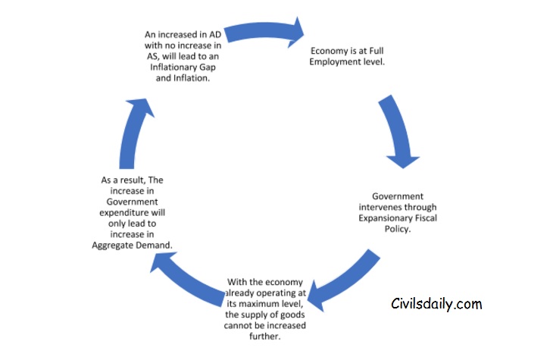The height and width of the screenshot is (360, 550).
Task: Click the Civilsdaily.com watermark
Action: tap(436, 305)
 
